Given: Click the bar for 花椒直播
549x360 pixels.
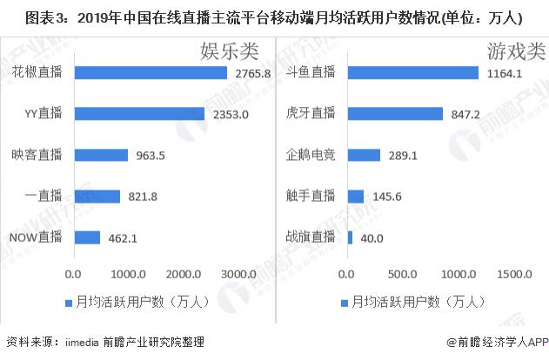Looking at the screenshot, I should [151, 73].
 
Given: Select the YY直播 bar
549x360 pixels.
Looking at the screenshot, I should [139, 114].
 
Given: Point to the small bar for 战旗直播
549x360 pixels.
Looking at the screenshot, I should [350, 237].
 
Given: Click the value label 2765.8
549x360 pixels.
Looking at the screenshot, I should [254, 73].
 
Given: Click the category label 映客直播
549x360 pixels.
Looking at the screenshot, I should [37, 155].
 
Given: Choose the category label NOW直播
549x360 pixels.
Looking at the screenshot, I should [35, 237].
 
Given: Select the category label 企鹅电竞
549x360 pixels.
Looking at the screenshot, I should [311, 155].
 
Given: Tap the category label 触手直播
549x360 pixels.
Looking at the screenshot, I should [311, 197].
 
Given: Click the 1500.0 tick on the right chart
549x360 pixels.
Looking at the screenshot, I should [514, 275].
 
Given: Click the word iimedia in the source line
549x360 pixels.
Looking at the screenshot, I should [84, 342].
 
